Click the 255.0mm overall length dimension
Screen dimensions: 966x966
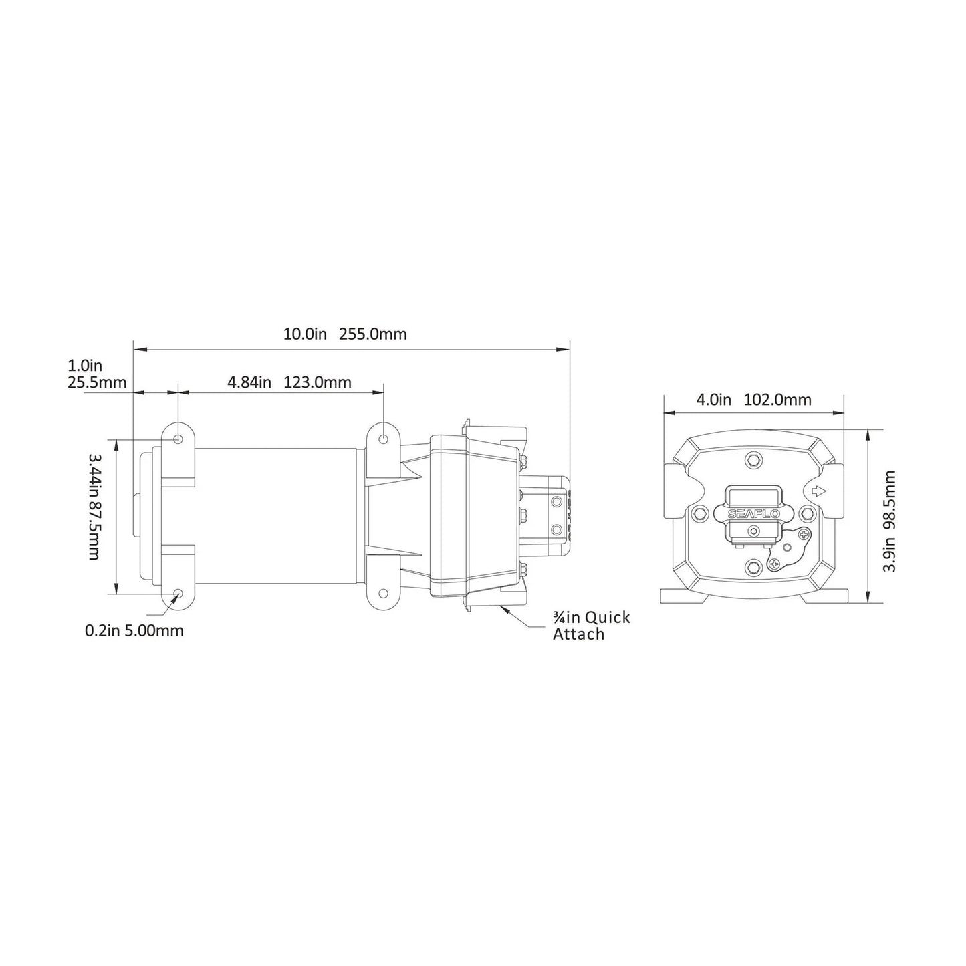click(373, 334)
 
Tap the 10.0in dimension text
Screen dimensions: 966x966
click(304, 334)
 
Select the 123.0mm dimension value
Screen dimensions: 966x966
click(318, 382)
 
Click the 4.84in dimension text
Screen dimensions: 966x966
click(249, 382)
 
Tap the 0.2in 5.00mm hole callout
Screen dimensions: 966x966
click(134, 630)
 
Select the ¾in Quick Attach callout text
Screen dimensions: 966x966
click(591, 626)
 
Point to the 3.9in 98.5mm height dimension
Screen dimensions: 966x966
click(889, 521)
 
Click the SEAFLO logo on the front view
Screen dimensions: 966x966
click(753, 513)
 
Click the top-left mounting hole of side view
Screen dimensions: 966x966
click(178, 439)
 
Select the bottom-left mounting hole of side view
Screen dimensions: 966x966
click(178, 594)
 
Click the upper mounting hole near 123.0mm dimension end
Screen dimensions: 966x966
click(384, 439)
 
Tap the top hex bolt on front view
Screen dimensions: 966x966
click(754, 460)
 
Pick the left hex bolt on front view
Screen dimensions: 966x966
click(701, 513)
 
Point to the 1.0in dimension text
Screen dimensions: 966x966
click(85, 366)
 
